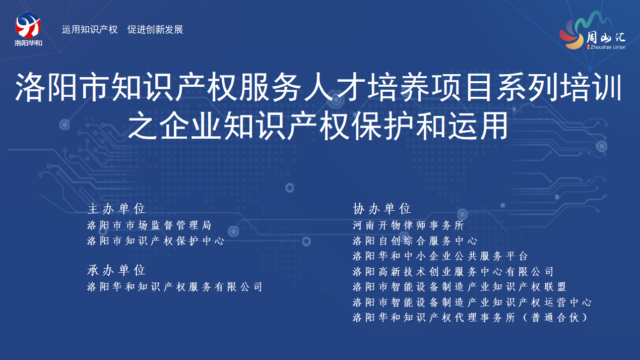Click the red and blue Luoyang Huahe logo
click(28, 25)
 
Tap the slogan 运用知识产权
click(90, 29)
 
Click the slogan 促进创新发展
click(155, 29)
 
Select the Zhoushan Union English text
click(608, 47)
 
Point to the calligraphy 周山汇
click(606, 37)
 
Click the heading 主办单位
click(116, 209)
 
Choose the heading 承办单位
click(116, 270)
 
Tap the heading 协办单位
click(382, 209)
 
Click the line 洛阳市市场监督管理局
click(149, 225)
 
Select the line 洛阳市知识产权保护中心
click(156, 241)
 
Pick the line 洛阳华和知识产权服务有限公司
click(175, 287)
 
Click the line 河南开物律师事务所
click(408, 225)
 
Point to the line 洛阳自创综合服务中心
click(415, 241)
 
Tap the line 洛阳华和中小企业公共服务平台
click(440, 256)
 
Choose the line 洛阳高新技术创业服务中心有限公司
click(453, 272)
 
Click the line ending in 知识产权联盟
click(460, 287)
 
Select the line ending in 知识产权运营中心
click(472, 302)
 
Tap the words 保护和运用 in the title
click(430, 126)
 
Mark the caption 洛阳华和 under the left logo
click(28, 43)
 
